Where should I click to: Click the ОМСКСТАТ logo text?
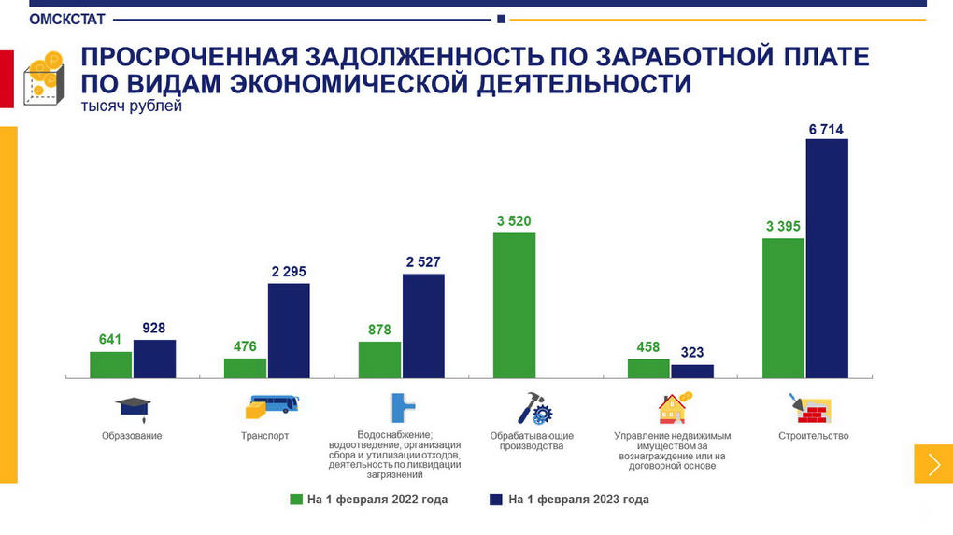tap(67, 19)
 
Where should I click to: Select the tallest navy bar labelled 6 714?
tap(826, 258)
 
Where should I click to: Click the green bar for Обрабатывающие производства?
tap(514, 305)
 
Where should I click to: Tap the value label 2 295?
tap(289, 272)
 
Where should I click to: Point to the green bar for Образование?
tap(110, 364)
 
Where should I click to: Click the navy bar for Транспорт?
tap(289, 331)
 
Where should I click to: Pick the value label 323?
tap(692, 353)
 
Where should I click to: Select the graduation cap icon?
tap(132, 406)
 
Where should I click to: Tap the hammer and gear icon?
tap(535, 408)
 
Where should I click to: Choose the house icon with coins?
tap(674, 407)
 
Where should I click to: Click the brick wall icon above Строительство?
tap(812, 408)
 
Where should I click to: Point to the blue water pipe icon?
tap(403, 407)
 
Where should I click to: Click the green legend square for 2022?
tap(296, 500)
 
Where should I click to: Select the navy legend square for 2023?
tap(497, 500)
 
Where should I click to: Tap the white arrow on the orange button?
tap(933, 464)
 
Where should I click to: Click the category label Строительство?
tap(813, 436)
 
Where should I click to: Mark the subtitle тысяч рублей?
tap(132, 106)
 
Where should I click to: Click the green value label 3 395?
tap(783, 226)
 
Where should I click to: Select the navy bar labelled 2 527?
tap(423, 326)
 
